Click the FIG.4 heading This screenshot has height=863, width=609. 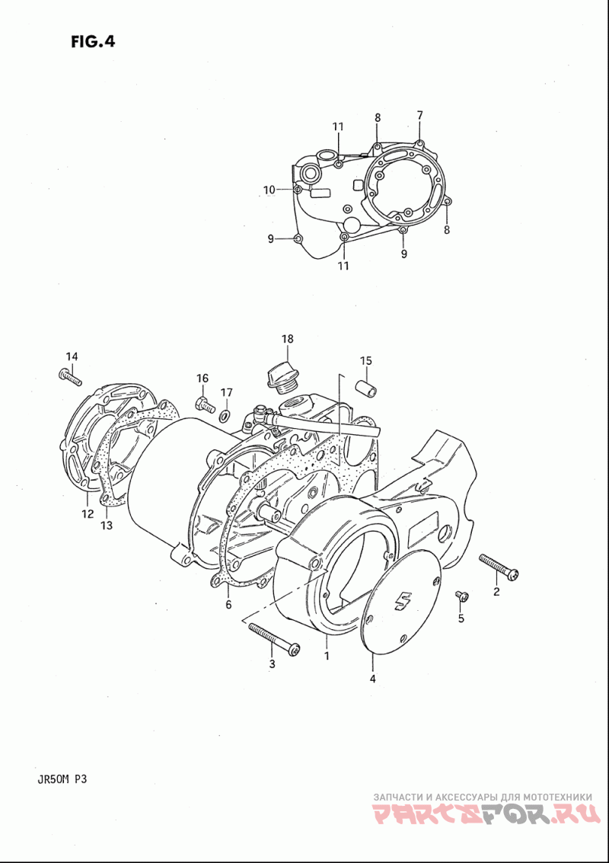[x=92, y=42]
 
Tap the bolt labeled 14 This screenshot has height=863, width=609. [x=70, y=377]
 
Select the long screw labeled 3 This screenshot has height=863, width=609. [x=274, y=639]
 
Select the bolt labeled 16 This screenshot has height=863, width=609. [x=205, y=404]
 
